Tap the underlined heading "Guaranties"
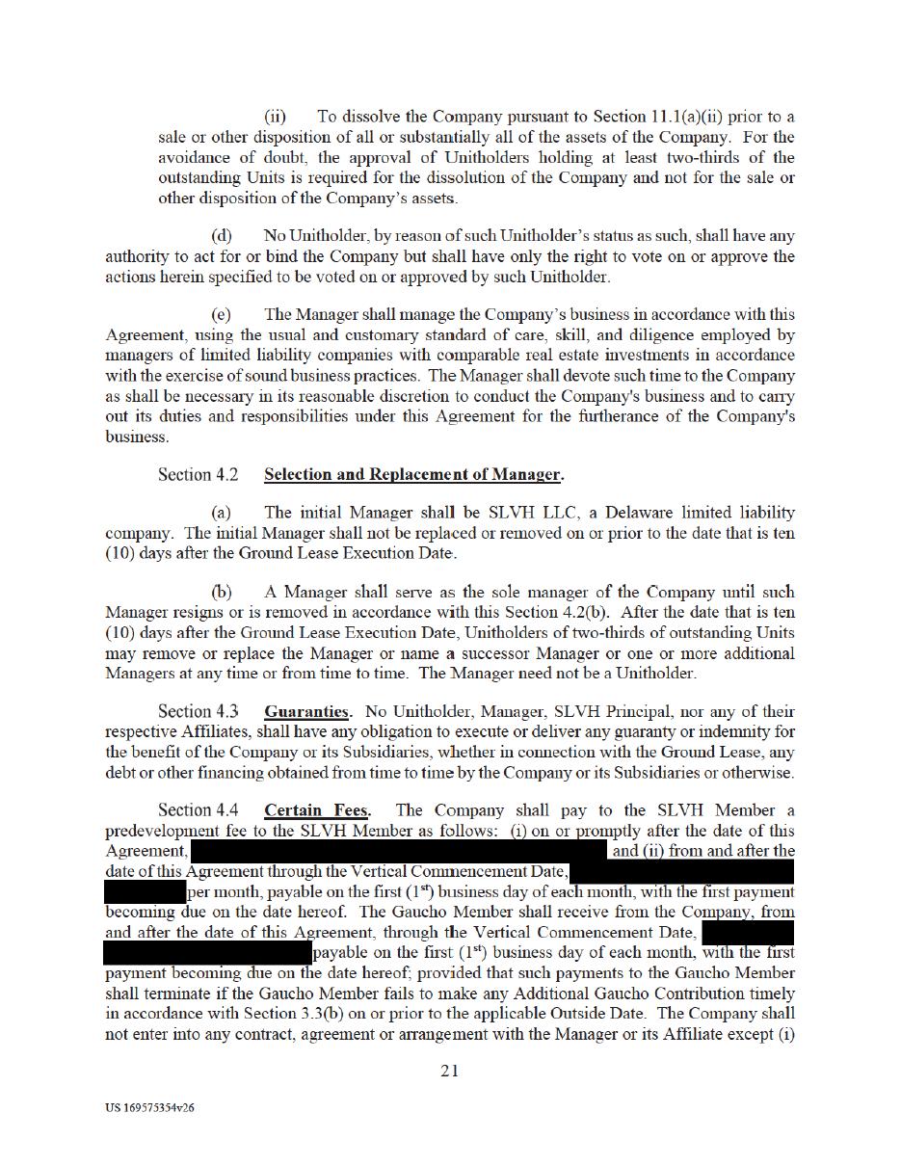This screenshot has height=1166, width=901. [x=306, y=711]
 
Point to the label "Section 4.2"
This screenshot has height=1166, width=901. [x=198, y=474]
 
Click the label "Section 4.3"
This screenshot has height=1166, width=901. [x=198, y=711]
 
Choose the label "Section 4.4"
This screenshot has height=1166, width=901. [x=198, y=810]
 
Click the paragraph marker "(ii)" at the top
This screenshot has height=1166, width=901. [x=276, y=117]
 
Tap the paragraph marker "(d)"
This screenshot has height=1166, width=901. [x=222, y=236]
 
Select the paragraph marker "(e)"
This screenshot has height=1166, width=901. [x=222, y=315]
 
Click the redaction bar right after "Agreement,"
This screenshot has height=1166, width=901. [x=399, y=851]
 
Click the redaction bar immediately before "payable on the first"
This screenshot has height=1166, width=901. [x=207, y=953]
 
